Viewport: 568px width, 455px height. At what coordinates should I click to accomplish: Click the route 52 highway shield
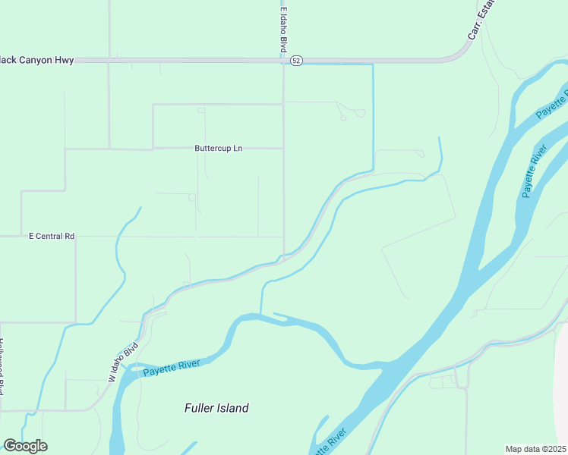pos(296,60)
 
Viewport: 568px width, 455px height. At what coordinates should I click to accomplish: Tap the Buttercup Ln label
pos(219,149)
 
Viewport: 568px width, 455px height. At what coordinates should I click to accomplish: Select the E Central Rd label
pos(52,237)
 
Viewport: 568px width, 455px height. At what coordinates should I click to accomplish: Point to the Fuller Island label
pos(216,408)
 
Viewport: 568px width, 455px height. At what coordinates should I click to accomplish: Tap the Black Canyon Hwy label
pos(37,60)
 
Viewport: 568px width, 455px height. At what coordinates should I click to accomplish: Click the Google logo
pos(25,446)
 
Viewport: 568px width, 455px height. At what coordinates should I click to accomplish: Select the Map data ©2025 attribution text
pos(536,449)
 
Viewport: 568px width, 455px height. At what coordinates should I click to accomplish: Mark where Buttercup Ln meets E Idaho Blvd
pos(284,149)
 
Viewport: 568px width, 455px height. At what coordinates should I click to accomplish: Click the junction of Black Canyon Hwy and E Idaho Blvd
pos(284,61)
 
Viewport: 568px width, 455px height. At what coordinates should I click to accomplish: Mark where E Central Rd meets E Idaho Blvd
pos(284,237)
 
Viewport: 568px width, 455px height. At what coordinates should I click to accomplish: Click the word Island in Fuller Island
pos(232,408)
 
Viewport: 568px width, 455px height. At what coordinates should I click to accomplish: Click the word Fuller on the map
pos(198,408)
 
